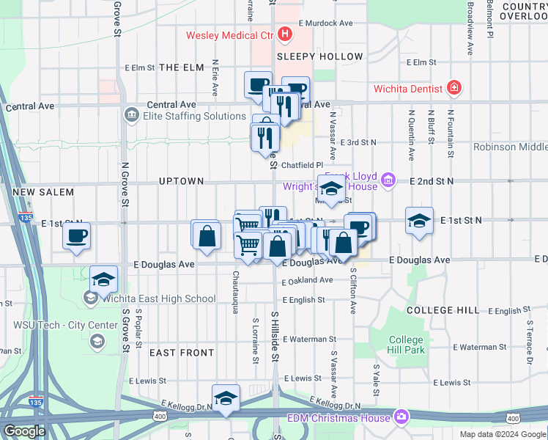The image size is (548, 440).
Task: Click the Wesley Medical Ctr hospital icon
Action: pyautogui.click(x=284, y=34)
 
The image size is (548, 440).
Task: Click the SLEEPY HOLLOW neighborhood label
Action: pyautogui.click(x=320, y=56)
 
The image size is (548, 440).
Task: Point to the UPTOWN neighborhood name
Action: pyautogui.click(x=181, y=181)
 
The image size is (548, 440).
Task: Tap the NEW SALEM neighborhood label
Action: pyautogui.click(x=43, y=192)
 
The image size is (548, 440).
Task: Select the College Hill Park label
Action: pyautogui.click(x=406, y=345)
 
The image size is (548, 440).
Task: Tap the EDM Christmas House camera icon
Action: pyautogui.click(x=401, y=417)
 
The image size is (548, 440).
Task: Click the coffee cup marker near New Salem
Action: pyautogui.click(x=76, y=236)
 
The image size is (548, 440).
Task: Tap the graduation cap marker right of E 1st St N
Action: pyautogui.click(x=419, y=221)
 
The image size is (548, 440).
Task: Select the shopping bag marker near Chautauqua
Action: pyautogui.click(x=207, y=235)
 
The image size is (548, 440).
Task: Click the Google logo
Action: pyautogui.click(x=24, y=431)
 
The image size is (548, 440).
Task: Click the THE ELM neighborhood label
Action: pyautogui.click(x=181, y=67)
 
